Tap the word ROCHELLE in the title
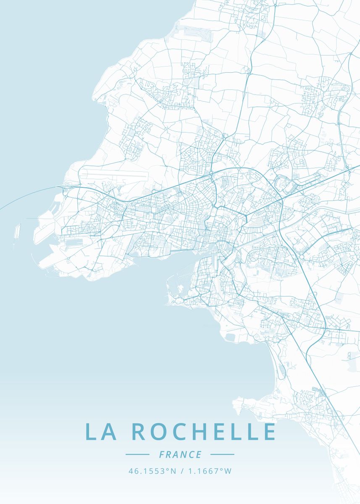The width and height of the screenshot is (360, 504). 204,432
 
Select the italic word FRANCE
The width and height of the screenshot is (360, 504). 180,454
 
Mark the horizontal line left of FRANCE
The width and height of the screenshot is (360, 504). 137,454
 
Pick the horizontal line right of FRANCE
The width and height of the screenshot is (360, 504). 222,454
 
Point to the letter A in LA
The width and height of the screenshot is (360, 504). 109,432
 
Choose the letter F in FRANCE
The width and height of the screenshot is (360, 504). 162,454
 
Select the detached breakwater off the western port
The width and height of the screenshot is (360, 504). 17,231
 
